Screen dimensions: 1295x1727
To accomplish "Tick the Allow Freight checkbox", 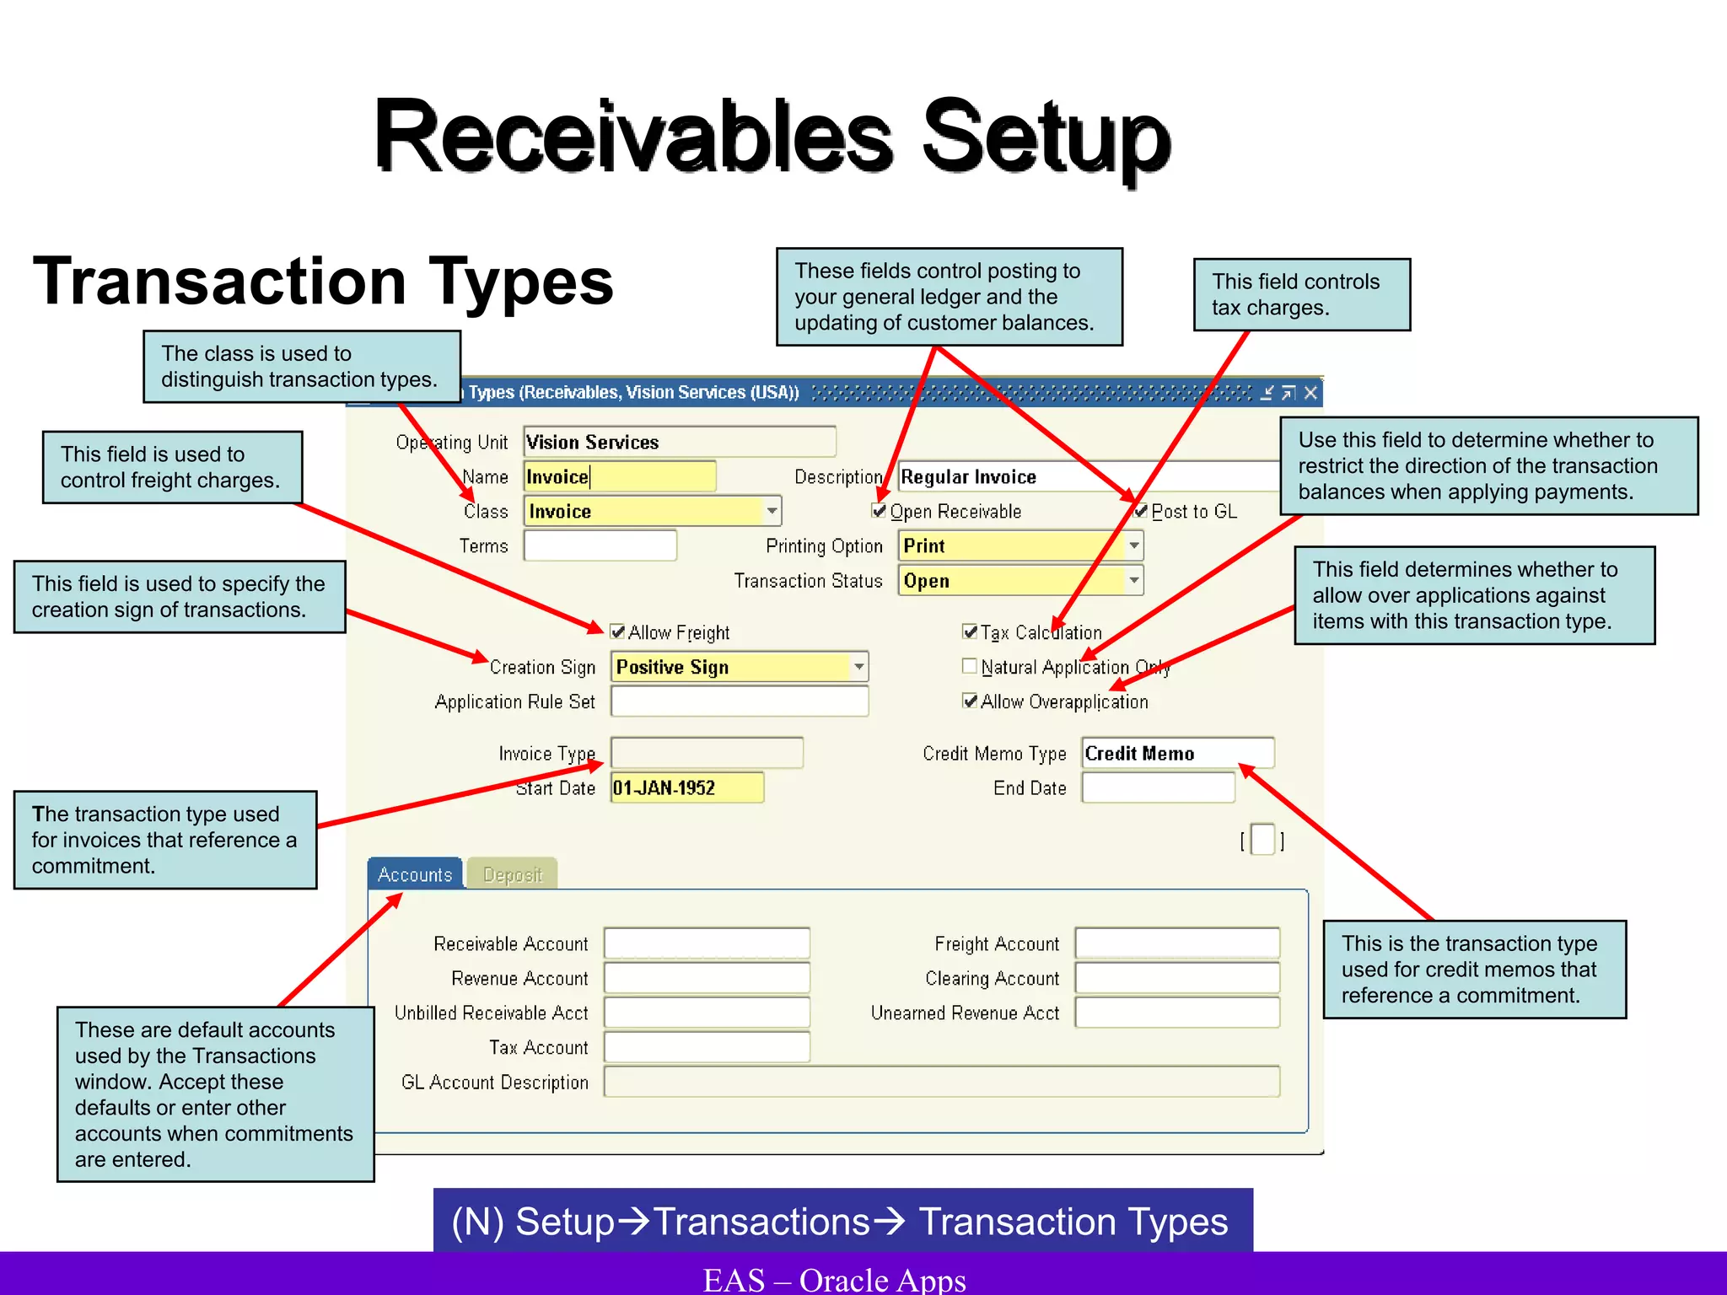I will [617, 631].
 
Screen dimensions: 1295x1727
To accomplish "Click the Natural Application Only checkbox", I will [970, 666].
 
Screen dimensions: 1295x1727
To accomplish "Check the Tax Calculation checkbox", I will [970, 631].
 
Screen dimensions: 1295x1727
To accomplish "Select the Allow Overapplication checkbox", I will [970, 701].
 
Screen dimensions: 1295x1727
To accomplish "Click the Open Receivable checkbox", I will [880, 511].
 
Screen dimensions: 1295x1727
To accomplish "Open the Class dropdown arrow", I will [772, 511].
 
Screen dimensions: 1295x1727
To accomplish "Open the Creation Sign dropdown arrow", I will [858, 666].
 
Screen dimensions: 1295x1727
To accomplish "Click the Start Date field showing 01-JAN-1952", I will [686, 787].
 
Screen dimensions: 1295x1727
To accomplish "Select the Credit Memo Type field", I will [1177, 753].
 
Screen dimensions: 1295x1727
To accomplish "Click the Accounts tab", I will [415, 874].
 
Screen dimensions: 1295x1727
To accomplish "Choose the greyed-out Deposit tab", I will [512, 874].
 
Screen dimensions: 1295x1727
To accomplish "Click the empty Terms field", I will [600, 545].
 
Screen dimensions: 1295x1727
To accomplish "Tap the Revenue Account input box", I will [707, 978].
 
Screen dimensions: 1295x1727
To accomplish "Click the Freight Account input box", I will [1177, 943].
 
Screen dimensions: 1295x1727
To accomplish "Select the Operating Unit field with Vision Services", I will [679, 442].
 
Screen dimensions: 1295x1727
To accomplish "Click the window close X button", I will [1310, 392].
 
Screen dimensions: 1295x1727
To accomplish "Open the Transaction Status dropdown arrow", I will [1134, 580].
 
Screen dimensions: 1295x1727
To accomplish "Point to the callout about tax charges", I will [1301, 294].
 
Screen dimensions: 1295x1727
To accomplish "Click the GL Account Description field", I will [941, 1082].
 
